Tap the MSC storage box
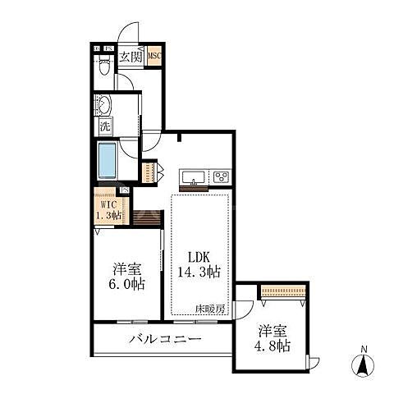tap(154, 57)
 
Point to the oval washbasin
tap(105, 107)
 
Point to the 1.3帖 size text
tap(108, 216)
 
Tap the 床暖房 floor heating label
tap(211, 309)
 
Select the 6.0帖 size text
tap(127, 284)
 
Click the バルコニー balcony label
tap(165, 340)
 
